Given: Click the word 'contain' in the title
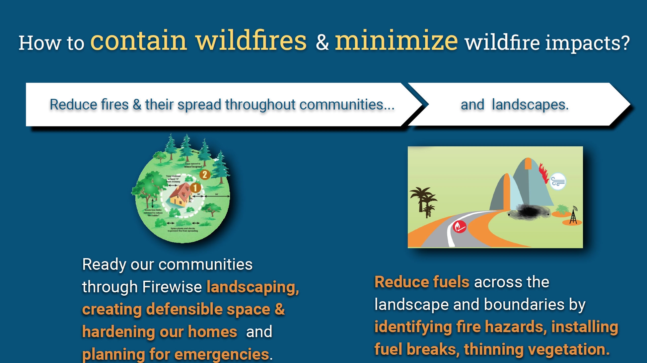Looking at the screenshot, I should tap(138, 41).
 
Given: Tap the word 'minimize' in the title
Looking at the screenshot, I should tap(396, 41).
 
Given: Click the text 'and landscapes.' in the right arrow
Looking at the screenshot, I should tap(515, 105).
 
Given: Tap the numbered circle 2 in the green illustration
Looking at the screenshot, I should tap(205, 175).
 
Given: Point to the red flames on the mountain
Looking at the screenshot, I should tap(543, 173).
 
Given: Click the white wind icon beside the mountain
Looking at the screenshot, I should tap(558, 181).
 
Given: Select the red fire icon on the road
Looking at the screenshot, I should tap(460, 227).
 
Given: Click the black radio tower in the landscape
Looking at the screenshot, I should tap(573, 216).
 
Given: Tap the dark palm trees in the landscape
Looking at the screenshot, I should tap(423, 201).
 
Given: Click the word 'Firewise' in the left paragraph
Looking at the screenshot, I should tap(172, 287).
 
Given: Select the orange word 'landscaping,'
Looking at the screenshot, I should tap(252, 287).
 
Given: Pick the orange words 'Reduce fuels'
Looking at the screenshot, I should tap(422, 282).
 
